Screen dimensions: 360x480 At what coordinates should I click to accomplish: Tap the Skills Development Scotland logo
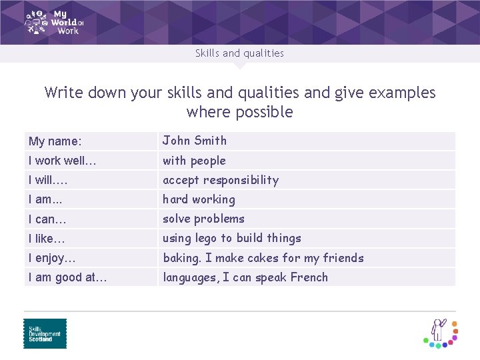point(45,333)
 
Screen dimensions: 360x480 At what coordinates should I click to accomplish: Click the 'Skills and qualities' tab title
point(239,53)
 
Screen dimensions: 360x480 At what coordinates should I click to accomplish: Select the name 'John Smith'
point(195,141)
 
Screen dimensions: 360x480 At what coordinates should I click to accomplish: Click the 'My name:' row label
point(55,141)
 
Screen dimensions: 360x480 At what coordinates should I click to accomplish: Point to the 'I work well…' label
point(63,161)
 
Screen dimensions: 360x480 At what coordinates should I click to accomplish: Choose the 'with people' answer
point(194,161)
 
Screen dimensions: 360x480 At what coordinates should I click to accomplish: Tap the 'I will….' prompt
point(48,180)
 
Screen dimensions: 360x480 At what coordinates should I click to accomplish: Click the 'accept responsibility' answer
point(221,180)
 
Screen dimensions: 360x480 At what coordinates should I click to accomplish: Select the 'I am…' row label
point(45,199)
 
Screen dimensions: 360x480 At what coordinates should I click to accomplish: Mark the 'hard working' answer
point(199,199)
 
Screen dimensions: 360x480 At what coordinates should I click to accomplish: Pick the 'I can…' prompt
point(47,219)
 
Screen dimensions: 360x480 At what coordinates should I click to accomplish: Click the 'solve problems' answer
point(203,219)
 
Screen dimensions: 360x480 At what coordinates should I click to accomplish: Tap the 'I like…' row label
point(47,238)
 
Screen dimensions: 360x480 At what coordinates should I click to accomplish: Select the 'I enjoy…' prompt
point(52,258)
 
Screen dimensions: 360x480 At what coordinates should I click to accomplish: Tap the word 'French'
point(309,277)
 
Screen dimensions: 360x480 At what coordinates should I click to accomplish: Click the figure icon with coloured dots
point(441,332)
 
